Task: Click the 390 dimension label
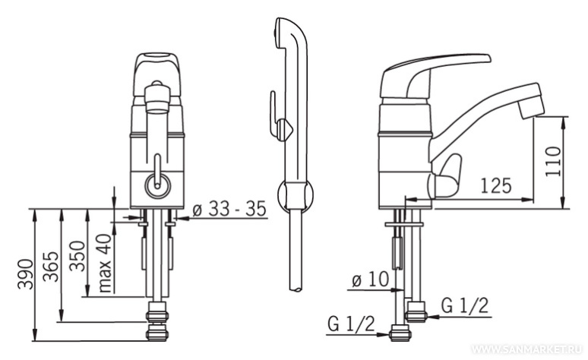pos(26,273)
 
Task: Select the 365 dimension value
pos(51,267)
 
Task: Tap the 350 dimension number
pos(77,256)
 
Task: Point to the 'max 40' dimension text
pos(106,263)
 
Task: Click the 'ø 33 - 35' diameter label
pos(229,209)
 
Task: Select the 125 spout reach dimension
pos(496,185)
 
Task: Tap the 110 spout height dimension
pos(553,161)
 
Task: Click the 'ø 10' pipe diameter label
pos(370,279)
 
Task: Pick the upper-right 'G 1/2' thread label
pos(465,305)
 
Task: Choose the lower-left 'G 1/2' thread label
pos(351,324)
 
